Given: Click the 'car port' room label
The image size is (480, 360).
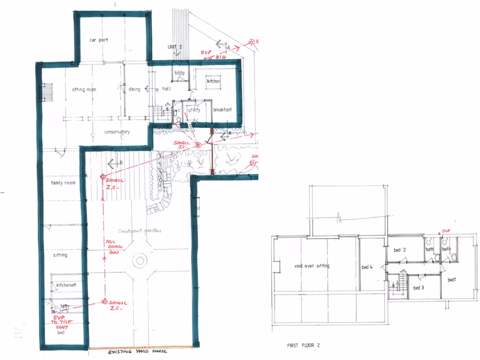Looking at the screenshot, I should pyautogui.click(x=99, y=40).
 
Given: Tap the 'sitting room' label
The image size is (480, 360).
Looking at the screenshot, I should pyautogui.click(x=84, y=90).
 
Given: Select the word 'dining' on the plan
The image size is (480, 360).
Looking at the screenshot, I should pyautogui.click(x=135, y=89).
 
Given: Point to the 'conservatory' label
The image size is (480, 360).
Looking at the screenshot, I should pyautogui.click(x=117, y=132).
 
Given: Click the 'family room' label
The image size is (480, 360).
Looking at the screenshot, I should pyautogui.click(x=63, y=183).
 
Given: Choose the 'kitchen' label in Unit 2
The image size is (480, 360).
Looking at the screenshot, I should pyautogui.click(x=213, y=82).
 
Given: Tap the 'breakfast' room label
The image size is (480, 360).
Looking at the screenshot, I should pyautogui.click(x=223, y=110).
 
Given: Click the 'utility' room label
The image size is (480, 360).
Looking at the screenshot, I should pyautogui.click(x=194, y=110).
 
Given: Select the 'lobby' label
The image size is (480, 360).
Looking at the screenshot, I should pyautogui.click(x=180, y=73).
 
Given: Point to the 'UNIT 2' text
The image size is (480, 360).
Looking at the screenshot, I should pyautogui.click(x=174, y=47).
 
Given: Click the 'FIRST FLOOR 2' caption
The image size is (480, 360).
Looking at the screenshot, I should pyautogui.click(x=303, y=345).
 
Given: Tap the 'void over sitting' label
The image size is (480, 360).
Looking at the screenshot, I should pyautogui.click(x=312, y=266).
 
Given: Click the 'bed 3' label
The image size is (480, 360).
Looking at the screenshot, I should pyautogui.click(x=419, y=288).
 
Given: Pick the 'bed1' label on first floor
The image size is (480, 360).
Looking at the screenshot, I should pyautogui.click(x=452, y=280).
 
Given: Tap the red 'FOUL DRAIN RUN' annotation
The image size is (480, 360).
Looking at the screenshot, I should pyautogui.click(x=112, y=247).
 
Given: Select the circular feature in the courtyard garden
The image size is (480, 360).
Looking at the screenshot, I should pyautogui.click(x=140, y=261).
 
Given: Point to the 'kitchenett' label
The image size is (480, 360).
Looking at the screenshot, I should pyautogui.click(x=66, y=285).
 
